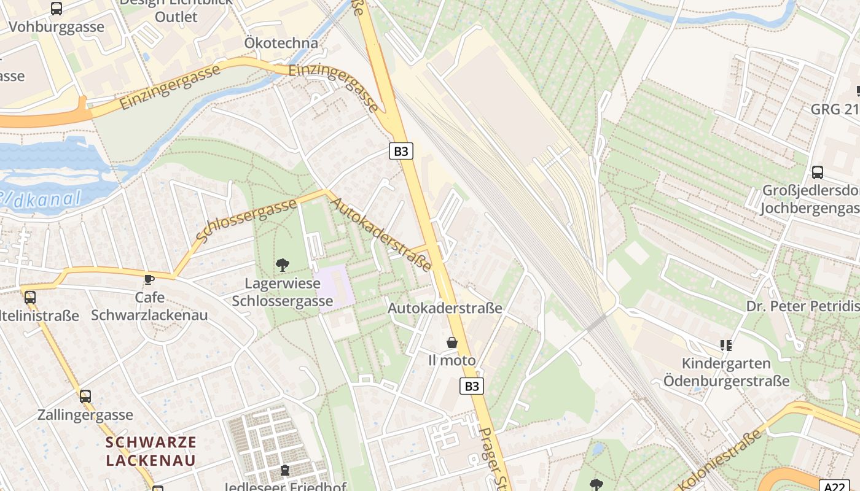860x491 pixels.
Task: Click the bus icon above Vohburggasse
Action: coord(56,9)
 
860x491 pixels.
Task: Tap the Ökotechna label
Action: coord(281,43)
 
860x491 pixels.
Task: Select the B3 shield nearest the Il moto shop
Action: coord(471,386)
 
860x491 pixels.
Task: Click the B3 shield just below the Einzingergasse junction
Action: coord(401,151)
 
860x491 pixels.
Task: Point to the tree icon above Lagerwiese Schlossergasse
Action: coord(283,265)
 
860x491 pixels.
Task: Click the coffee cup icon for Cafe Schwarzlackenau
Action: coord(149,279)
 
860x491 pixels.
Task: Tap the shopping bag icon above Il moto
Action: coord(452,342)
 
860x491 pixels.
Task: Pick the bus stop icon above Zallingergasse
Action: coord(85,396)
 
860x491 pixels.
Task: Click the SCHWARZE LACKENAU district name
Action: coord(151,450)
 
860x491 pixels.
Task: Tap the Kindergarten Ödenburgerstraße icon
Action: coord(726,346)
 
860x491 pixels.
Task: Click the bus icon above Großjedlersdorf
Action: coord(817,172)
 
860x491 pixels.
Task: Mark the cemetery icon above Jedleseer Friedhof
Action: coord(285,471)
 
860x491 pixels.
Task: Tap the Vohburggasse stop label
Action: coord(57,27)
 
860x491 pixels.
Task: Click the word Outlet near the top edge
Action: coord(176,17)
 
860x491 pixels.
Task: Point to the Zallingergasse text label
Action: coord(85,415)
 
